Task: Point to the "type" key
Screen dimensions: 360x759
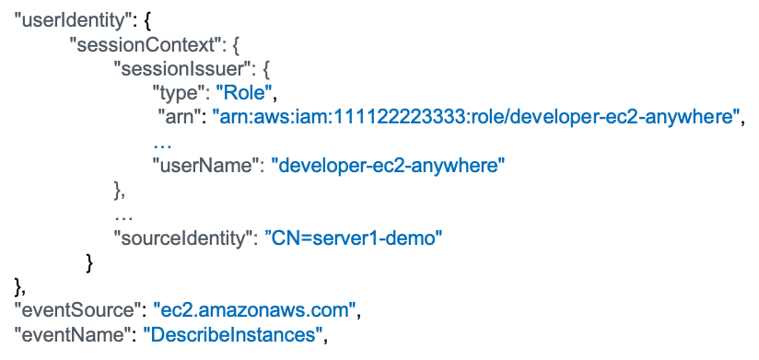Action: click(x=178, y=93)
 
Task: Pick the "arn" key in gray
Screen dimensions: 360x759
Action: click(x=180, y=117)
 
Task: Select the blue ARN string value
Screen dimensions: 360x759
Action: click(x=477, y=117)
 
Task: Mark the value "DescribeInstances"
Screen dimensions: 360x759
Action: click(x=232, y=332)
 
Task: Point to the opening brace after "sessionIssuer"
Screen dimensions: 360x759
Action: click(x=266, y=70)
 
